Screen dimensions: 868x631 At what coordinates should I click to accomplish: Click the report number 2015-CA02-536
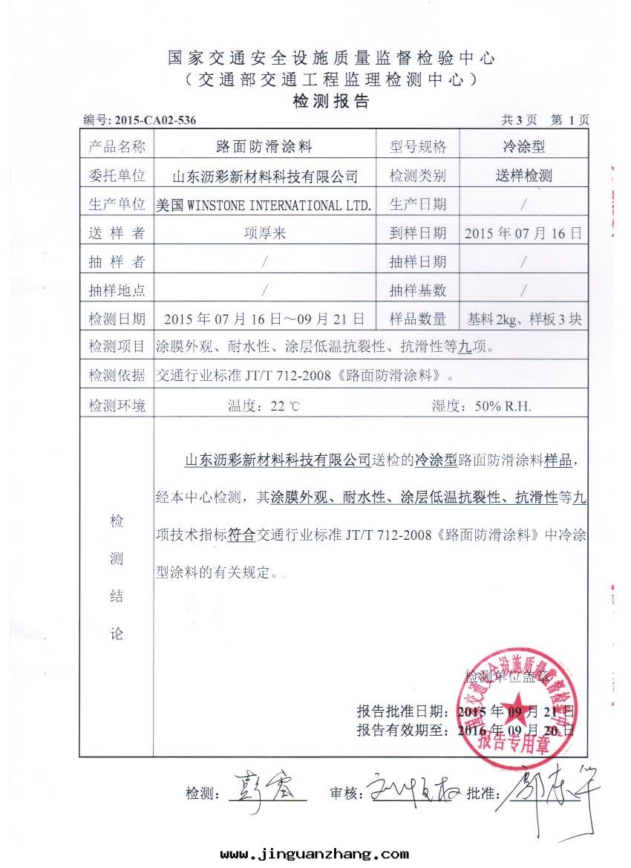coord(155,120)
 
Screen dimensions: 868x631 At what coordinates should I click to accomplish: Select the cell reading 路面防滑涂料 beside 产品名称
coord(264,147)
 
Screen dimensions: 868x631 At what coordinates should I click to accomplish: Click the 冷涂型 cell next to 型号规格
coord(523,147)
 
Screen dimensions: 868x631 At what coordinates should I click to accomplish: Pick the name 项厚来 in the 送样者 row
coord(264,233)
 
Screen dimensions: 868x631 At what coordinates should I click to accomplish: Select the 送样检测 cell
coord(523,176)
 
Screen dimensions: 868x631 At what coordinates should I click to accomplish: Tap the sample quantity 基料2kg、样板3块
coord(524,320)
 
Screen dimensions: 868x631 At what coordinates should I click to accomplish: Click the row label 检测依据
coord(117,376)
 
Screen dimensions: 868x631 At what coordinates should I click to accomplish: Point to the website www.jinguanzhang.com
coord(315,854)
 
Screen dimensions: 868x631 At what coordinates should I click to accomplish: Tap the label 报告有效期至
coord(402,730)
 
